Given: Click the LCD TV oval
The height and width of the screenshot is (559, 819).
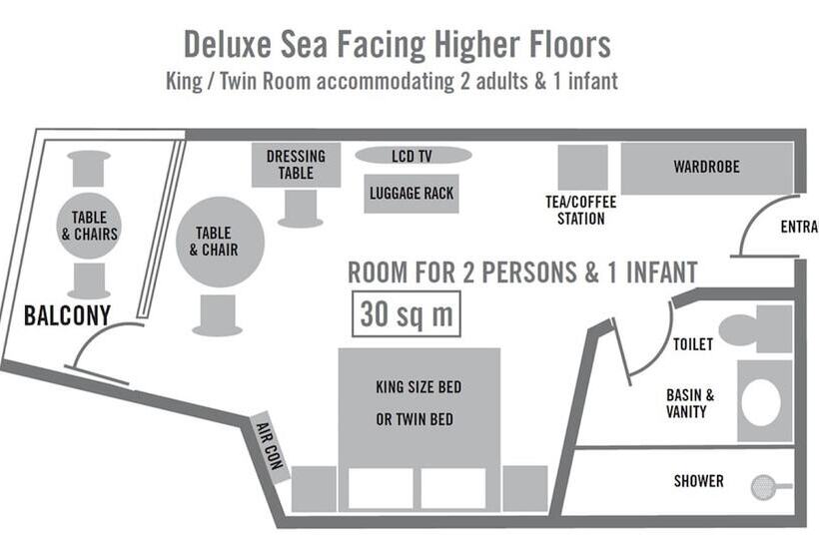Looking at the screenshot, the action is [x=413, y=155].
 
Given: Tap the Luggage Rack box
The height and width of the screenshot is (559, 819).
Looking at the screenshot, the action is [x=411, y=194].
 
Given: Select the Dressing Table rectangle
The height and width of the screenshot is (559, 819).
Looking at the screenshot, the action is [x=297, y=165].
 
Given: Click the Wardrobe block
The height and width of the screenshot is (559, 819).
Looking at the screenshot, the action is [x=707, y=168].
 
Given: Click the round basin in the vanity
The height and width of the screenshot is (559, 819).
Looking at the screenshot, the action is [x=761, y=402].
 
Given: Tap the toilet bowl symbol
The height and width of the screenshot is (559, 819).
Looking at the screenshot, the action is [x=738, y=329].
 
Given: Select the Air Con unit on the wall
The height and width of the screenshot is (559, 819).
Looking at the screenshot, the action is [x=269, y=446].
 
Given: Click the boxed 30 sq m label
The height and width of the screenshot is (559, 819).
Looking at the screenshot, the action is [x=407, y=313].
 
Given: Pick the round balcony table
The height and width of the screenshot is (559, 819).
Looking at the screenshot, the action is [x=89, y=226].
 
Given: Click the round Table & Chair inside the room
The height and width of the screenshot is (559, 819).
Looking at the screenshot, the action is [x=220, y=242].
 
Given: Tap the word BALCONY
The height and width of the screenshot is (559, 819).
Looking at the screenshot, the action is [x=67, y=315].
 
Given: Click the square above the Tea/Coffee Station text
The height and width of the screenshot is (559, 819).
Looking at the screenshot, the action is [x=583, y=167].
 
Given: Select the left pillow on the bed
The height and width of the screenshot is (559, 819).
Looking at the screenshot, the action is [x=381, y=488].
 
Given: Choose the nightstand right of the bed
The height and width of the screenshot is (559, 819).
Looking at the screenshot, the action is [x=525, y=488].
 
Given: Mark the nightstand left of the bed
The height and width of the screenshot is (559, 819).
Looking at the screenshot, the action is [x=314, y=488].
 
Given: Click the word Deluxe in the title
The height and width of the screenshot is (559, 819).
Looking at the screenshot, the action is [x=227, y=44].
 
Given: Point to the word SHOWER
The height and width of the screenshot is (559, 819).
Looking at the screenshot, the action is [x=699, y=481].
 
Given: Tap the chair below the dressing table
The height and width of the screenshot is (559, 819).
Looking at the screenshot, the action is [x=301, y=209].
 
